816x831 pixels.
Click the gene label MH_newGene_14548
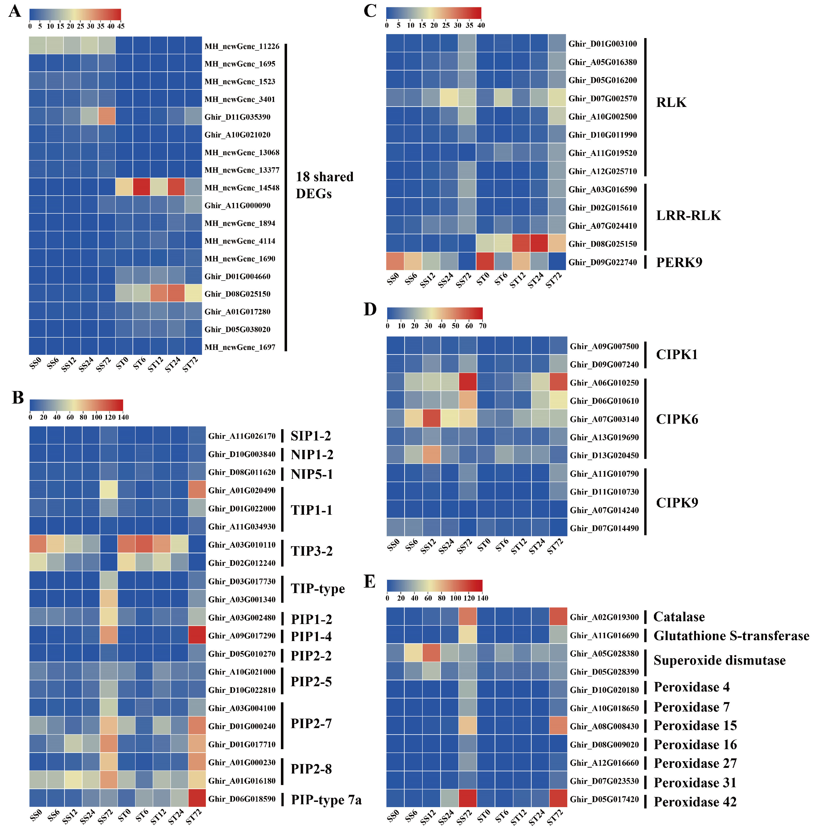tap(242, 188)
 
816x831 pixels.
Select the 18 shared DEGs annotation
tap(324, 185)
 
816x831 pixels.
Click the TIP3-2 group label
tap(312, 551)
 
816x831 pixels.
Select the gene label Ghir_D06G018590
tap(242, 799)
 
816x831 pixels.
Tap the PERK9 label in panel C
tap(679, 262)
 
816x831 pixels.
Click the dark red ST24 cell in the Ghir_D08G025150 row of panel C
tap(539, 243)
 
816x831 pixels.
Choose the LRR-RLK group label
tap(688, 215)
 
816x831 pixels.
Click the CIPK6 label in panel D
tap(677, 419)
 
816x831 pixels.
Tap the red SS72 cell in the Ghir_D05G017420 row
tap(468, 799)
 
